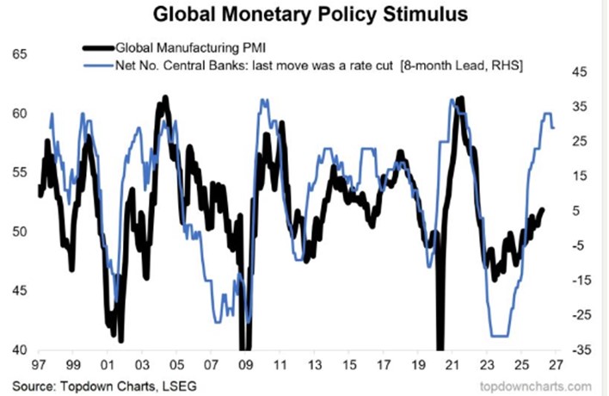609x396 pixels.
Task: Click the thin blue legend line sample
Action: coord(97,65)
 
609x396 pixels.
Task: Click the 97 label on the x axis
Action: coord(40,364)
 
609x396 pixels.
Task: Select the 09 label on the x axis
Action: coord(244,364)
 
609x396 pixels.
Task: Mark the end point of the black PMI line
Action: coord(542,209)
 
